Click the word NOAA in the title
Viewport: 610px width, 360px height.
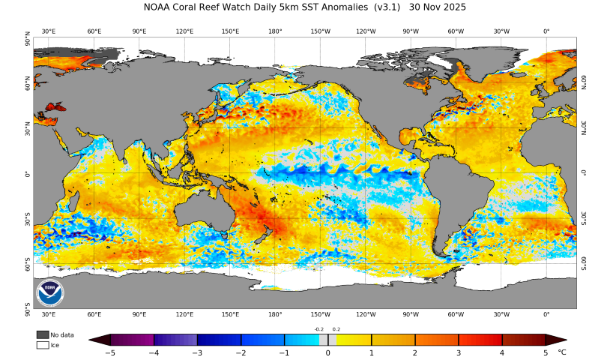(158, 7)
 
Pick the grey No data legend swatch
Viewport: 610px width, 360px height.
(43, 334)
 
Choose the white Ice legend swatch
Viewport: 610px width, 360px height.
(43, 345)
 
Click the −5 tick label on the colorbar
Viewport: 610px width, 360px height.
(109, 352)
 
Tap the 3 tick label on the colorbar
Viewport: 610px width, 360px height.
(459, 352)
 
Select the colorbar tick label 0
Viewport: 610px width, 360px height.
(327, 352)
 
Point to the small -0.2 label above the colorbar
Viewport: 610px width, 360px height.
(319, 329)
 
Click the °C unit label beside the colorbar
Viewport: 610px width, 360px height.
(562, 352)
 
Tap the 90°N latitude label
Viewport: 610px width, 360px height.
(28, 39)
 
